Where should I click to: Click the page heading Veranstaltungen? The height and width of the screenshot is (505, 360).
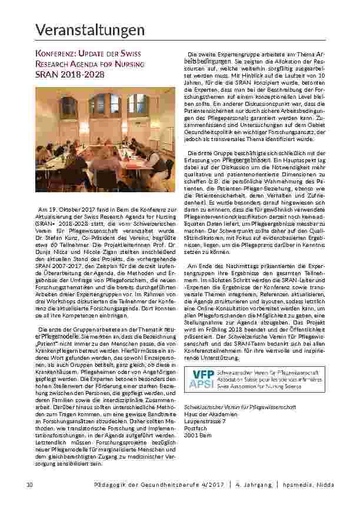[89, 29]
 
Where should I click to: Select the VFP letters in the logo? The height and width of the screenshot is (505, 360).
[204, 374]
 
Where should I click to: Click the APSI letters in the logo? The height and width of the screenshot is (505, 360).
[204, 384]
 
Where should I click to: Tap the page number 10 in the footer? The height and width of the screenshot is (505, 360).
[29, 484]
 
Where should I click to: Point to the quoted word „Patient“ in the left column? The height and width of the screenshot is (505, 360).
[51, 340]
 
